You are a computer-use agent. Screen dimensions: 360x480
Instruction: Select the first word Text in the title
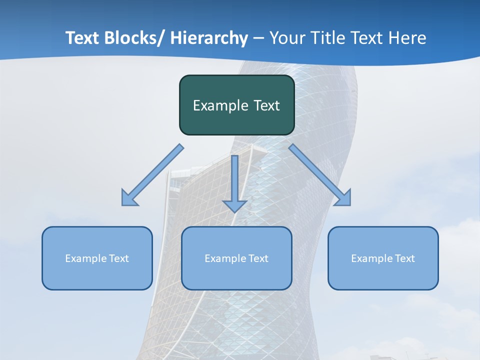pyautogui.click(x=82, y=38)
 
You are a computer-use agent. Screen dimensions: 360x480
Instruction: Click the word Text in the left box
pyautogui.click(x=119, y=258)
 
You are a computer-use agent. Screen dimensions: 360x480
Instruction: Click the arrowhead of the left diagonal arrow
pyautogui.click(x=128, y=198)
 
